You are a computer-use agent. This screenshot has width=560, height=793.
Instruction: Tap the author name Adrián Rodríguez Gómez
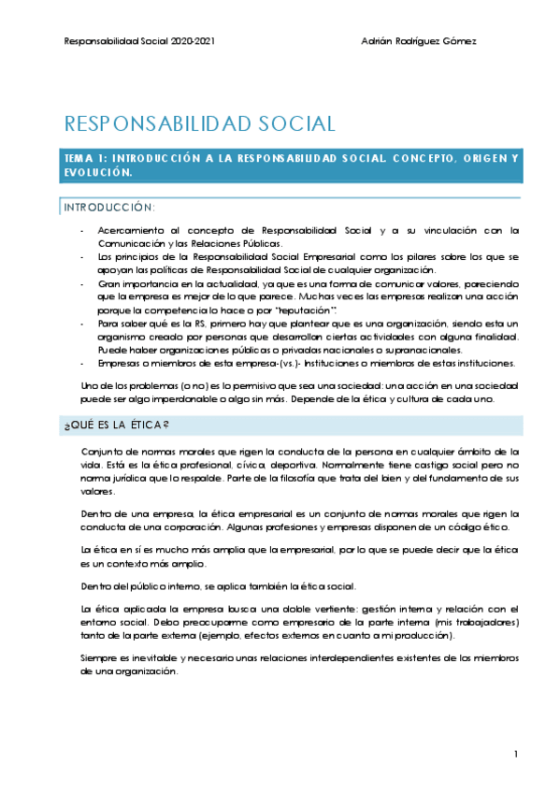tap(418, 41)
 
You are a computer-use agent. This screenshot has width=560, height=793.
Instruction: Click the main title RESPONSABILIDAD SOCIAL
tap(199, 123)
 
